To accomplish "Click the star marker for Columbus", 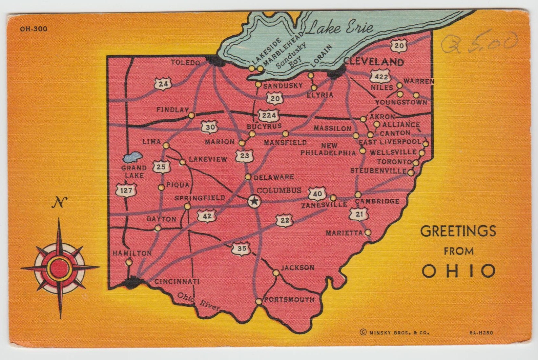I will pos(254,201).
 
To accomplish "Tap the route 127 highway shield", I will pos(126,190).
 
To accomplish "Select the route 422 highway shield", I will pos(380,77).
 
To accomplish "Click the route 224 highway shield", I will pos(269,115).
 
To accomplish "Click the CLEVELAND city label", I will pos(374,62).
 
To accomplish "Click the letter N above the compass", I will pos(59,203).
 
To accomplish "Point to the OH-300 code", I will pos(34,29).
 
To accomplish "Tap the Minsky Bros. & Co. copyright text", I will pos(395,333).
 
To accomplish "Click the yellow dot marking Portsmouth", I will pos(258,301).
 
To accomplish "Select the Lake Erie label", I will pos(340,27).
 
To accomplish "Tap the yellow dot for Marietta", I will pos(368,233).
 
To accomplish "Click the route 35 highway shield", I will pos(241,249).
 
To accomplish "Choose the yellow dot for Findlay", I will pos(192,115).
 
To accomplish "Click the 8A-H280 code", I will pos(481,333).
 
